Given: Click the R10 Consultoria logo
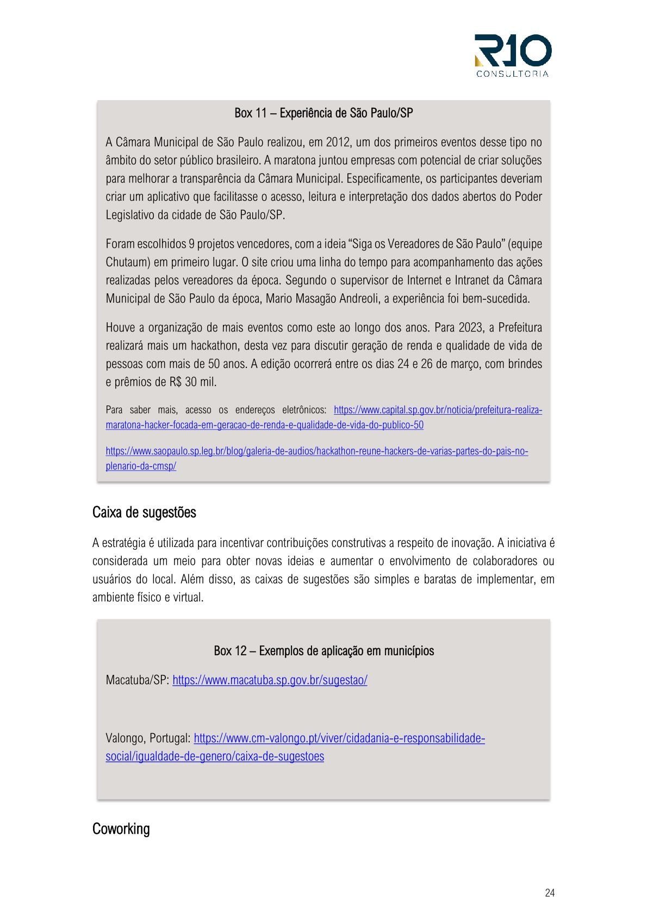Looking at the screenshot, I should pyautogui.click(x=513, y=55).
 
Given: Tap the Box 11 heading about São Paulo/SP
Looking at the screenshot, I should pyautogui.click(x=323, y=113).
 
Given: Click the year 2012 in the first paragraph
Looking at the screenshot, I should pyautogui.click(x=338, y=143).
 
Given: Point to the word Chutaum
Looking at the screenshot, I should pyautogui.click(x=127, y=262).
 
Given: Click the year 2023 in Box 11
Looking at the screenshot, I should pyautogui.click(x=471, y=328).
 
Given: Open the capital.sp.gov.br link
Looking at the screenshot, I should pyautogui.click(x=438, y=410).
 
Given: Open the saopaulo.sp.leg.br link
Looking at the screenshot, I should pyautogui.click(x=316, y=451).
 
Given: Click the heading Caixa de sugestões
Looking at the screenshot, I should pyautogui.click(x=144, y=513).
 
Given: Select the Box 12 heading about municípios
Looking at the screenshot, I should pyautogui.click(x=323, y=651).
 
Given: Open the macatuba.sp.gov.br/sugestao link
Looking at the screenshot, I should pyautogui.click(x=270, y=680).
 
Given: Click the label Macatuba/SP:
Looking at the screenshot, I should pyautogui.click(x=138, y=680).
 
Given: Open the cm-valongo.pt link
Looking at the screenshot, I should pyautogui.click(x=339, y=739).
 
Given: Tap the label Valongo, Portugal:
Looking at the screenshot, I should pyautogui.click(x=148, y=739).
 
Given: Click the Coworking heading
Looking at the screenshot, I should pyautogui.click(x=121, y=829).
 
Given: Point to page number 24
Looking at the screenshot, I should pyautogui.click(x=549, y=893).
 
